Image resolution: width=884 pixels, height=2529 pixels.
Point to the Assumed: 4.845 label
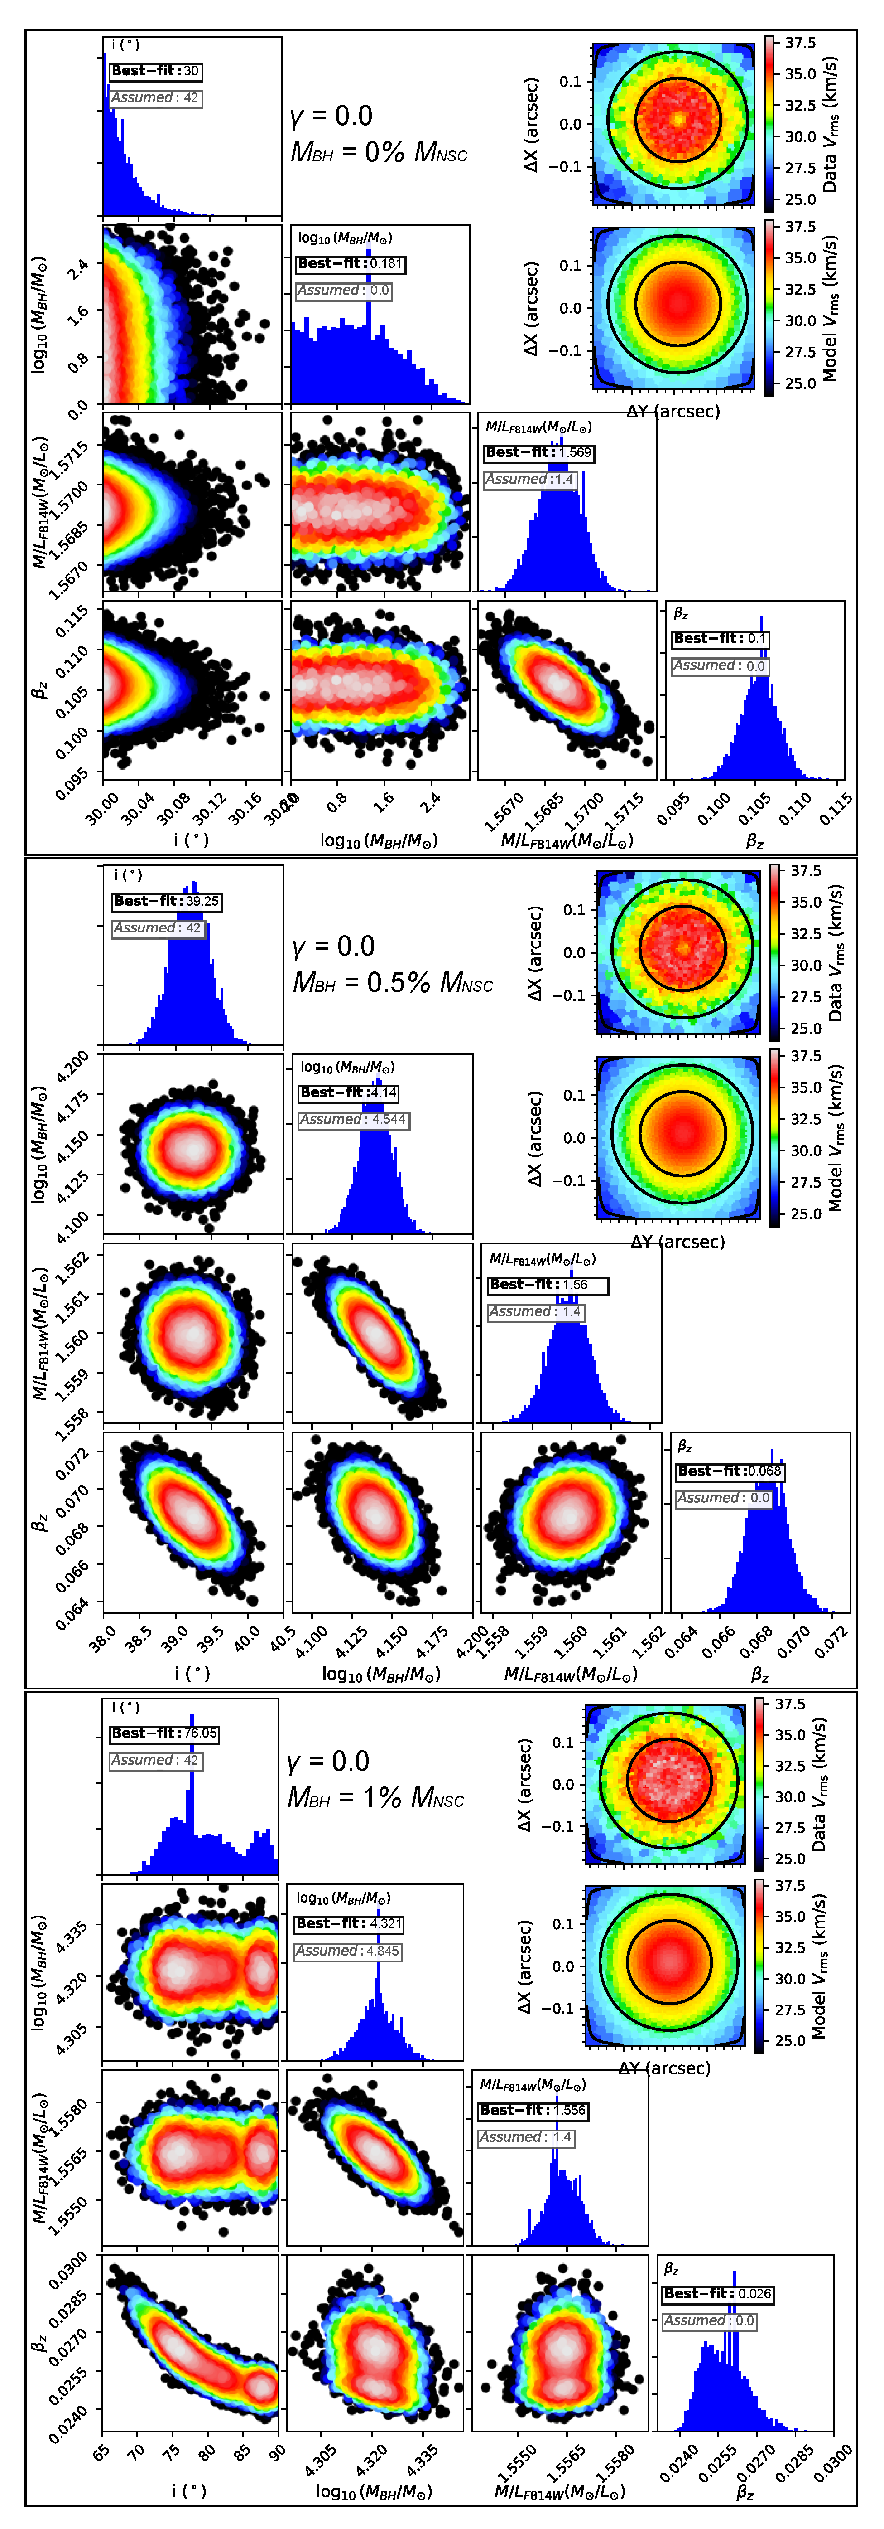(348, 1951)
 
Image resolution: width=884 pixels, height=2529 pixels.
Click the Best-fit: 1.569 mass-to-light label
(538, 452)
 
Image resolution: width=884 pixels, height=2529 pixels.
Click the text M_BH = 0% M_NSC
(379, 152)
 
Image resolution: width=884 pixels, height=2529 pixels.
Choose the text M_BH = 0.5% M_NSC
(393, 983)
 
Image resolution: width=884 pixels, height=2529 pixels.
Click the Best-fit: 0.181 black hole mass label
(349, 263)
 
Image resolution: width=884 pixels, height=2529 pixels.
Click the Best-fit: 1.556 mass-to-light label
(534, 2110)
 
